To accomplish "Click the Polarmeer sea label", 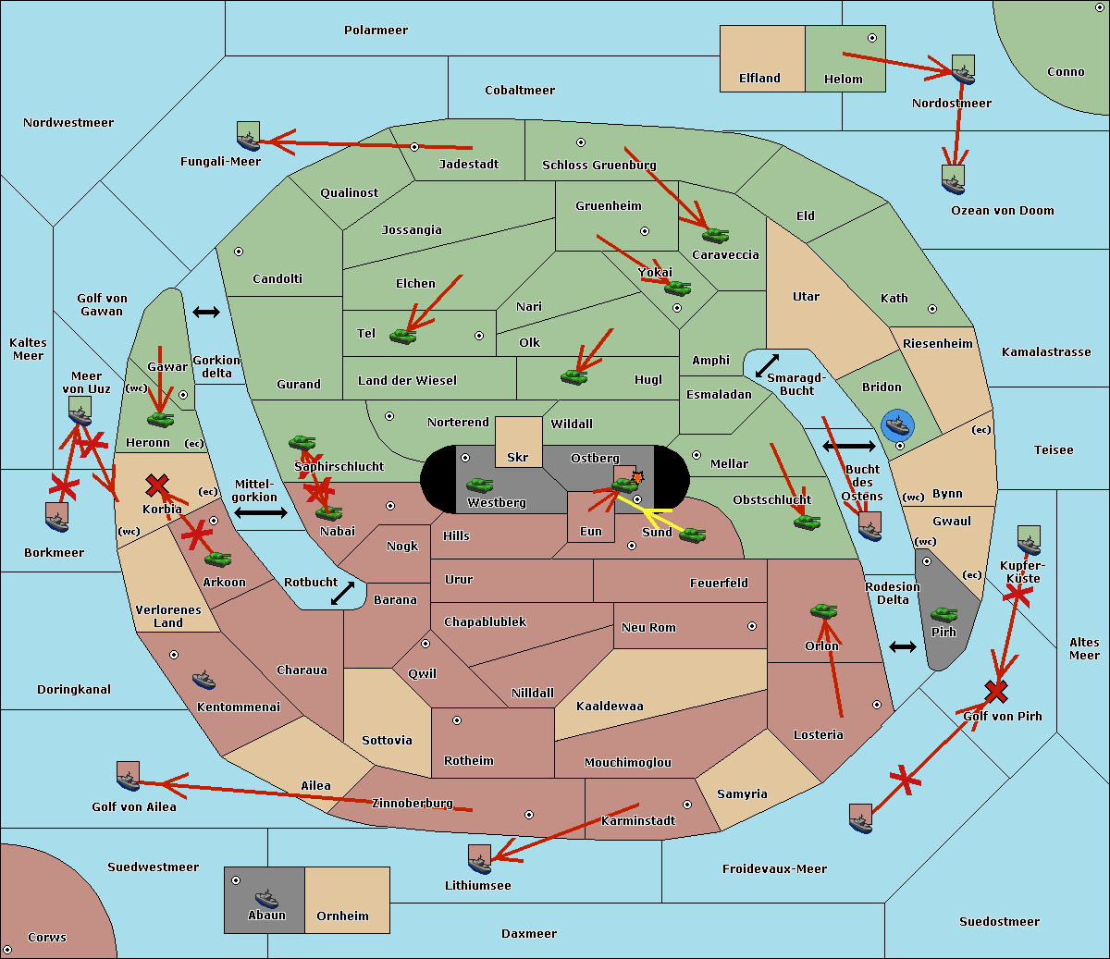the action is tap(376, 31).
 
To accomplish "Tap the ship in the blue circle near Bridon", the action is tap(897, 425).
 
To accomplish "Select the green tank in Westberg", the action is tap(479, 485).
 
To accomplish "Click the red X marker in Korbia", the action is tap(157, 485).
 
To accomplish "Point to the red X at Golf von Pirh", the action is tap(996, 691).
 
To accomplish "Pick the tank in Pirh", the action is tap(943, 614).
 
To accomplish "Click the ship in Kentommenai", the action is tap(203, 680).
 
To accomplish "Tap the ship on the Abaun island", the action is tap(265, 898).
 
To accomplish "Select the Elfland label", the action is tap(759, 79).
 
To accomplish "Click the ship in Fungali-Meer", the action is tap(248, 136).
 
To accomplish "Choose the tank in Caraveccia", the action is tap(715, 235).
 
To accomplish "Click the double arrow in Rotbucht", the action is tap(342, 593).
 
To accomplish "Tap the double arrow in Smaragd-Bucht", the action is tap(767, 365).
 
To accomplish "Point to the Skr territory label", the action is tap(518, 457).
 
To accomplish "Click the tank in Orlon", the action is tap(823, 611).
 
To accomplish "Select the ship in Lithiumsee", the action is tap(479, 859).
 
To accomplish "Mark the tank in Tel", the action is tap(402, 336).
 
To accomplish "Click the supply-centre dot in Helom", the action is tap(872, 38).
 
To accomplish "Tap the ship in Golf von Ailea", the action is tap(128, 776).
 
